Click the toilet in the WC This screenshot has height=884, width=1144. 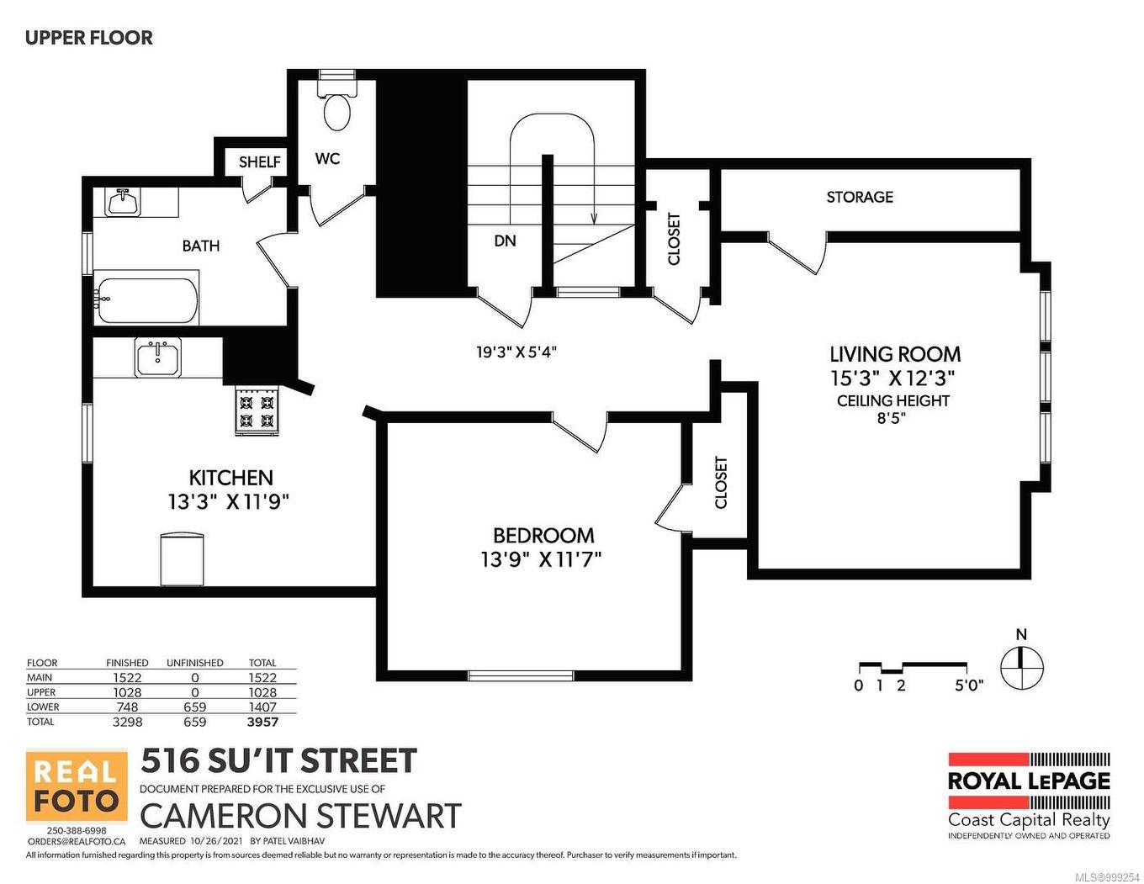(338, 106)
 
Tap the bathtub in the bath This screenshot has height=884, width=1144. (146, 298)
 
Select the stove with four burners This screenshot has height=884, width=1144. (257, 410)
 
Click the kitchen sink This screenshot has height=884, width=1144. (157, 358)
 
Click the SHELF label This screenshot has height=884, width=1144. (259, 161)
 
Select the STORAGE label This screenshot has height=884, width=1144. (859, 197)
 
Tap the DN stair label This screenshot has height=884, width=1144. (505, 241)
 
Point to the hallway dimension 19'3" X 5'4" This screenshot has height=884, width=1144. (516, 352)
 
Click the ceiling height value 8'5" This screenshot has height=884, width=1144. (892, 418)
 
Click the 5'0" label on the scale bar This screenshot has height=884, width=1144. (968, 685)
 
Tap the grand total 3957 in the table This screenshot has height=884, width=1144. (262, 722)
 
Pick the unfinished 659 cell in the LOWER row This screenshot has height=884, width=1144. (194, 707)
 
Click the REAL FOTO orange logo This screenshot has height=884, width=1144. (77, 786)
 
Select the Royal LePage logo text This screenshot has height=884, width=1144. (1028, 781)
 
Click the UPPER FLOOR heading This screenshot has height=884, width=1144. (89, 38)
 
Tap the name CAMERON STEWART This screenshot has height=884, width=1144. (300, 816)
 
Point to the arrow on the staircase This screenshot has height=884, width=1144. (594, 217)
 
